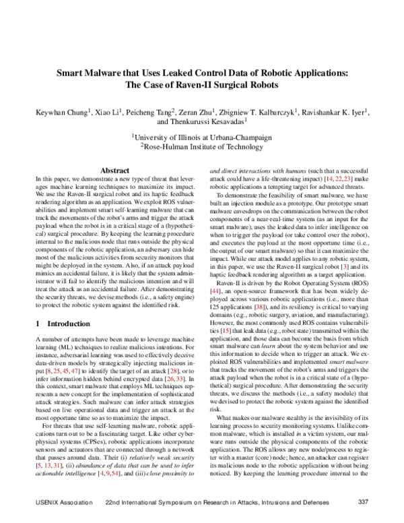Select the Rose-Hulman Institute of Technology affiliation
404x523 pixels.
pos(203,145)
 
